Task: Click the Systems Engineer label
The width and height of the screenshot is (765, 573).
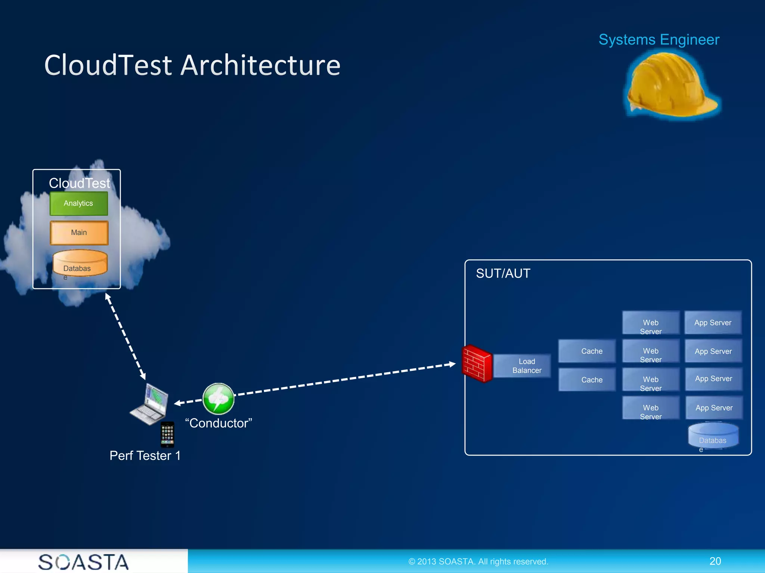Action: (x=659, y=40)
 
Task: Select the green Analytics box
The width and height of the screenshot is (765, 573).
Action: (x=78, y=203)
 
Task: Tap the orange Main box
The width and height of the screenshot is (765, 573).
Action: (x=79, y=232)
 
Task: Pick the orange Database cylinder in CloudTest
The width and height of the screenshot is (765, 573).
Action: (x=80, y=263)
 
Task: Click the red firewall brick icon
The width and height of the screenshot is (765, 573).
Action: (x=477, y=364)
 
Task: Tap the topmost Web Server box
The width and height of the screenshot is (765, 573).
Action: (x=651, y=323)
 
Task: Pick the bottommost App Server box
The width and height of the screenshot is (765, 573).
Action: (x=714, y=408)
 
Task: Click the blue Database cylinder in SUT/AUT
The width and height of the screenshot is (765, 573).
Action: (x=713, y=435)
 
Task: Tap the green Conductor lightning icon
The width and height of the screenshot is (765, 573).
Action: (x=219, y=399)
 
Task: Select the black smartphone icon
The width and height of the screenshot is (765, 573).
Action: (x=167, y=434)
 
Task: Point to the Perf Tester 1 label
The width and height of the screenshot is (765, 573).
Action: (x=145, y=455)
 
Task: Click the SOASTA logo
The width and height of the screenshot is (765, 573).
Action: (x=83, y=562)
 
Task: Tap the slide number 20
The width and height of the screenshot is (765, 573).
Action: (x=715, y=561)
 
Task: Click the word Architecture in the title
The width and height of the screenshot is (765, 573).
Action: (x=260, y=65)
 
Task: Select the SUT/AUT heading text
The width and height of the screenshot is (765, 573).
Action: (x=503, y=273)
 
